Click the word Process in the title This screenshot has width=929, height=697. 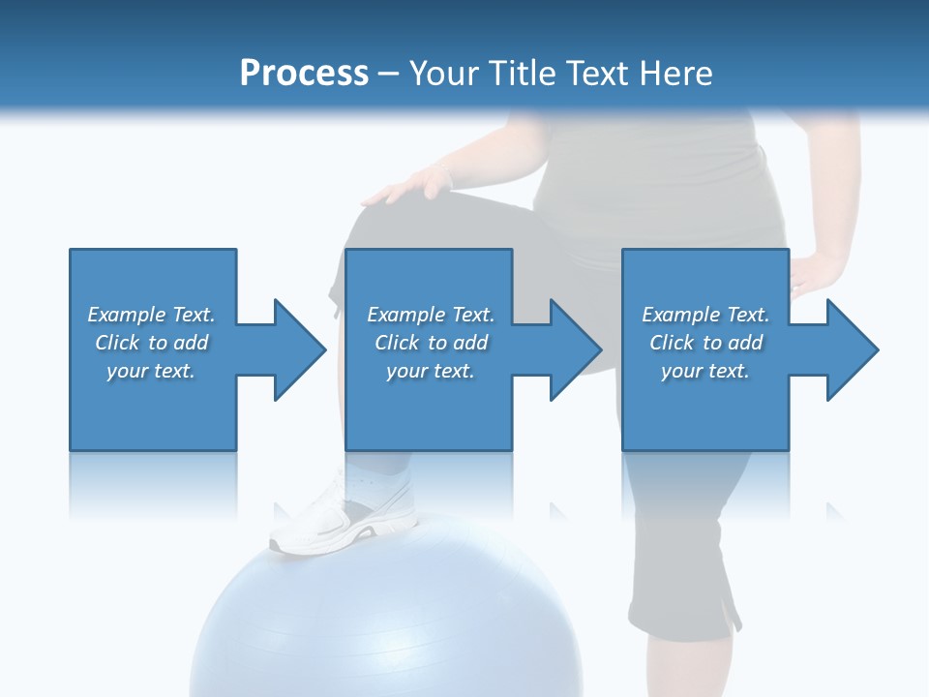pyautogui.click(x=304, y=74)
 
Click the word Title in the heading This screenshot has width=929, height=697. pyautogui.click(x=521, y=74)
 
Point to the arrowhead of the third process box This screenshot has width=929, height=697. pyautogui.click(x=852, y=349)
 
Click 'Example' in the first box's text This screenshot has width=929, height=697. pyautogui.click(x=127, y=315)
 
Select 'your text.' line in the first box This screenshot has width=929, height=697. pyautogui.click(x=151, y=371)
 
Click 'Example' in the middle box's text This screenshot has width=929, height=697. pyautogui.click(x=406, y=315)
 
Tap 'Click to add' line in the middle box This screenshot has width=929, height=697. pyautogui.click(x=431, y=343)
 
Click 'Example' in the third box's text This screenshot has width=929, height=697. pyautogui.click(x=681, y=315)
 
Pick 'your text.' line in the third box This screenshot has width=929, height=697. pyautogui.click(x=705, y=371)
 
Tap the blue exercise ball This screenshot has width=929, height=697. pyautogui.click(x=387, y=620)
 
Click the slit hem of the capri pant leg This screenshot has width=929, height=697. pyautogui.click(x=726, y=610)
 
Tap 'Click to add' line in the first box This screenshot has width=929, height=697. pyautogui.click(x=151, y=343)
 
